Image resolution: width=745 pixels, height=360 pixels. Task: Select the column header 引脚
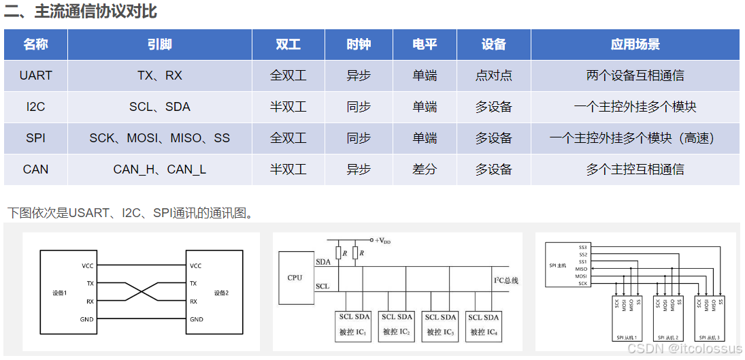click(x=159, y=45)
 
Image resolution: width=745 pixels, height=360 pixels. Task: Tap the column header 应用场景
click(x=635, y=45)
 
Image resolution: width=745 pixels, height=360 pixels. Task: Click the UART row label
click(x=35, y=76)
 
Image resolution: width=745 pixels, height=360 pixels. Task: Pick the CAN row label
click(x=35, y=169)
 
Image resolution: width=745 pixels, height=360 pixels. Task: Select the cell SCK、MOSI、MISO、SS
click(x=159, y=138)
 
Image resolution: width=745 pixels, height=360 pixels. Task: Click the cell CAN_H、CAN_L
click(x=159, y=169)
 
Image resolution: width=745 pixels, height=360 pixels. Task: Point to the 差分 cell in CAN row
click(x=425, y=169)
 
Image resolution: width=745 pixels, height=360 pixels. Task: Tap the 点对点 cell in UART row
click(x=493, y=76)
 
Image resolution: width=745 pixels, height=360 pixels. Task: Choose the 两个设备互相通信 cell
click(x=635, y=76)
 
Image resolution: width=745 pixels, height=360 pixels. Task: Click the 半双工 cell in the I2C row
click(x=288, y=107)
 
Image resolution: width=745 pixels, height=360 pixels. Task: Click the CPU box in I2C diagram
click(x=295, y=278)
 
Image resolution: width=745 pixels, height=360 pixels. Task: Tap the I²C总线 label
click(x=506, y=280)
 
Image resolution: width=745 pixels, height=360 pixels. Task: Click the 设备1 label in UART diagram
click(x=60, y=293)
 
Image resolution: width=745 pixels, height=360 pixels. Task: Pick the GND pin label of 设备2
click(x=197, y=319)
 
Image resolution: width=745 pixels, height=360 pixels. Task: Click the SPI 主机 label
click(x=557, y=265)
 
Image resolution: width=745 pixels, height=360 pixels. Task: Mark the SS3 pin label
click(x=582, y=247)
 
